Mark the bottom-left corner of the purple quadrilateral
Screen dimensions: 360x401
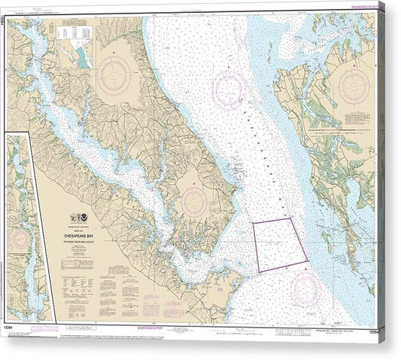(x=260, y=272)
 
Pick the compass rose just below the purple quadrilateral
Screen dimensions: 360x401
(x=305, y=289)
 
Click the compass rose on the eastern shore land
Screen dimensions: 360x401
(x=353, y=86)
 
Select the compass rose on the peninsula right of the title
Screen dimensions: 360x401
(x=194, y=201)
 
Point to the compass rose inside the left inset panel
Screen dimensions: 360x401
(x=19, y=240)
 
